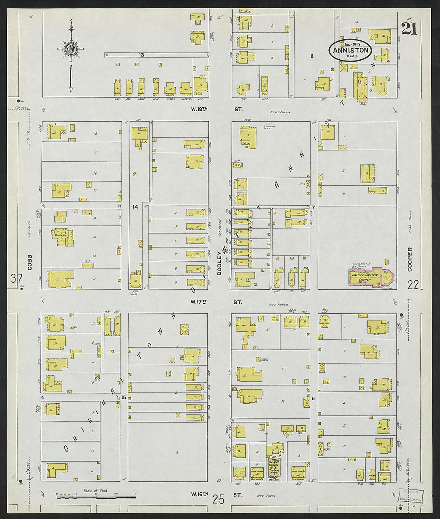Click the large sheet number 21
click(409, 28)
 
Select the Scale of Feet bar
click(96, 497)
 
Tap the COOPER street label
click(410, 259)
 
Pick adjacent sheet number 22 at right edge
click(413, 285)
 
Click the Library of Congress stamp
click(410, 496)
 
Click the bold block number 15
click(124, 397)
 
